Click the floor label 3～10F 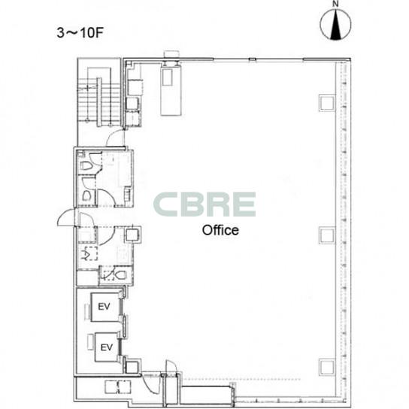80,32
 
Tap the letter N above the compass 335,4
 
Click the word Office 220,230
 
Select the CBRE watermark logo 204,204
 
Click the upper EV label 104,307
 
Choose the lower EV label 107,347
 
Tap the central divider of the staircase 99,102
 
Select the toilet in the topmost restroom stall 85,165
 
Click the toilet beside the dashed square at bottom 121,274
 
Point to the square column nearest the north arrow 326,103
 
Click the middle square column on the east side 326,236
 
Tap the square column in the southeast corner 326,367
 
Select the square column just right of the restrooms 133,235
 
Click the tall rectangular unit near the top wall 171,90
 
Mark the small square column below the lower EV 132,367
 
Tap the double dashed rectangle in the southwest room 117,387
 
